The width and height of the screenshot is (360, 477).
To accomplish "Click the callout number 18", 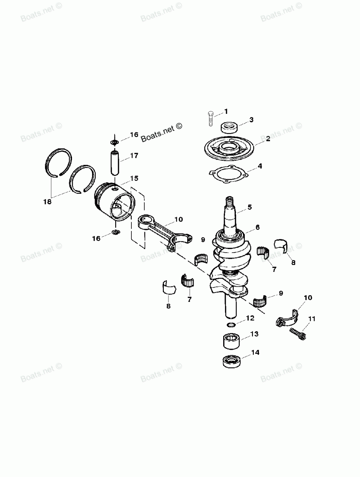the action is tap(48, 202).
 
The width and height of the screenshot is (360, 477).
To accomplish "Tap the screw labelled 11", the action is tap(297, 333).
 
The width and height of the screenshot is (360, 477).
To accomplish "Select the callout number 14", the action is tap(255, 352).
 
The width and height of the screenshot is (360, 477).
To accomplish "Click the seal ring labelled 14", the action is tap(229, 361).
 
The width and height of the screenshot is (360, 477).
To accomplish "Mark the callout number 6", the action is tap(258, 227).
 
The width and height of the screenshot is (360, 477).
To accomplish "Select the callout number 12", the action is tap(250, 318).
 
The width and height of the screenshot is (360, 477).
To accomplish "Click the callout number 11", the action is tap(311, 318).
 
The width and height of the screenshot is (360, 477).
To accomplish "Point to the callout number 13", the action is tap(254, 334).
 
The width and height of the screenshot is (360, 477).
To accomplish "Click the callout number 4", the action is tap(260, 166).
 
